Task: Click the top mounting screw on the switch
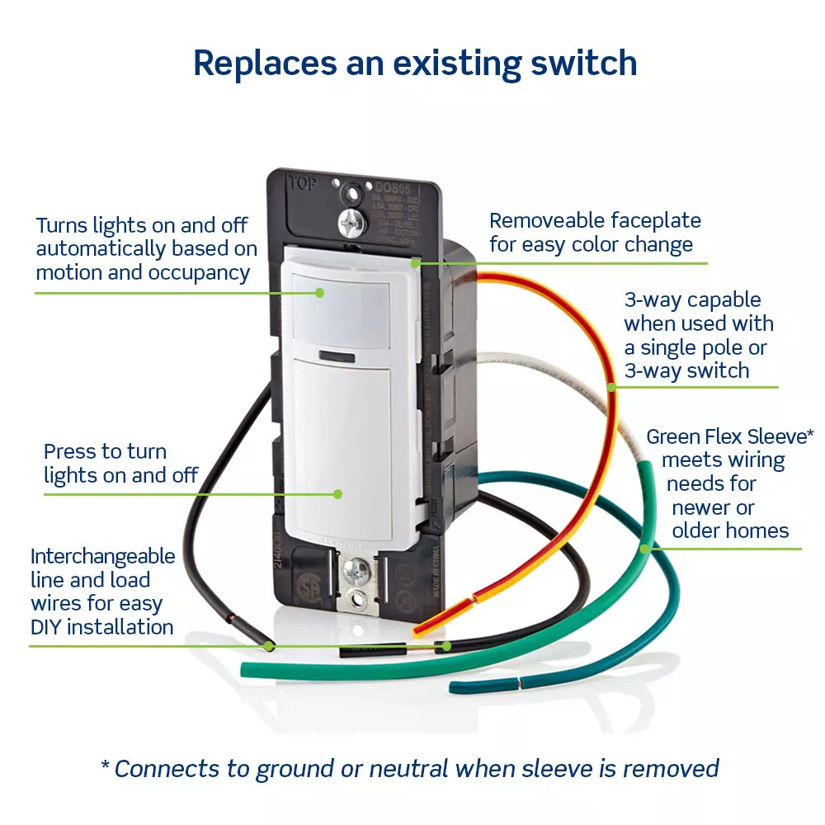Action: (x=351, y=220)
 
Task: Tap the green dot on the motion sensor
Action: (x=319, y=291)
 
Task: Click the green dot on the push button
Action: (x=337, y=493)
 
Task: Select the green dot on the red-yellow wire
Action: (x=611, y=386)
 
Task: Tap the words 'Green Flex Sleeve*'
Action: (x=729, y=436)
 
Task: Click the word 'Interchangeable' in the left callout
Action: (x=103, y=556)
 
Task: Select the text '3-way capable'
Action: (x=692, y=300)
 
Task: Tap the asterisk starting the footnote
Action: (x=105, y=766)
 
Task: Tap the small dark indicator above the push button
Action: (x=336, y=356)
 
